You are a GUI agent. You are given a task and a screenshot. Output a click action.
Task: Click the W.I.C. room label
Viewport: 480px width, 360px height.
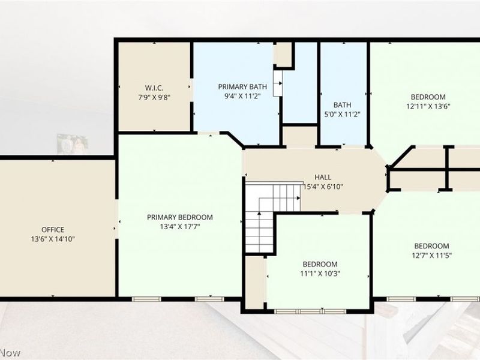(154, 88)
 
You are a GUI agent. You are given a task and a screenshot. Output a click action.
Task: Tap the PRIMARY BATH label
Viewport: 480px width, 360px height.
(242, 87)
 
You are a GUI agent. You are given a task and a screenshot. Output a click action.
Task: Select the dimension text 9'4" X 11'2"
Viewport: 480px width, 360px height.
(242, 97)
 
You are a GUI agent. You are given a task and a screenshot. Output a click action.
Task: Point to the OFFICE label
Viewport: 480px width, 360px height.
(53, 230)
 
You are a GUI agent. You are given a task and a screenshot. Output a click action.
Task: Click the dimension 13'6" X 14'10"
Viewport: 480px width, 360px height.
(53, 239)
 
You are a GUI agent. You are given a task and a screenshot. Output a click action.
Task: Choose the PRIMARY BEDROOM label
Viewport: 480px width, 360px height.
(179, 217)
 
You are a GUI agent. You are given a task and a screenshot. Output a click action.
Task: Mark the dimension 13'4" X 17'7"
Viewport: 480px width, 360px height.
(179, 227)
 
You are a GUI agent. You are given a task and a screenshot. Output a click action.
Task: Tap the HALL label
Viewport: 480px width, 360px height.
(323, 177)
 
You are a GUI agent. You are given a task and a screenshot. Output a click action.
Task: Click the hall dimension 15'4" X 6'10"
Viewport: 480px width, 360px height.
(323, 187)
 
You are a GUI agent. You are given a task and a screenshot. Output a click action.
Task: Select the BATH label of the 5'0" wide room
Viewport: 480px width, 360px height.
(342, 105)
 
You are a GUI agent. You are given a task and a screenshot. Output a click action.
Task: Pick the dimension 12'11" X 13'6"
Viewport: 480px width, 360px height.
(428, 107)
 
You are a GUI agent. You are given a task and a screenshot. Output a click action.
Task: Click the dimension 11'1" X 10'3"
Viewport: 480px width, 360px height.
(320, 274)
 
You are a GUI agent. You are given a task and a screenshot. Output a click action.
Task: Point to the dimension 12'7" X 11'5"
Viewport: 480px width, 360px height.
(431, 256)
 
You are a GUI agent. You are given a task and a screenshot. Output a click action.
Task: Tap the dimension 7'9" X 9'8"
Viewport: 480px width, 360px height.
(154, 98)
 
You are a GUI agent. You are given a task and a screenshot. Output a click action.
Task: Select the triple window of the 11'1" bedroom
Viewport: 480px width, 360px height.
(310, 311)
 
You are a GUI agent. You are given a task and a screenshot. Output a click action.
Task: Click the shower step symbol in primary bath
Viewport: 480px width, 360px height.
(278, 83)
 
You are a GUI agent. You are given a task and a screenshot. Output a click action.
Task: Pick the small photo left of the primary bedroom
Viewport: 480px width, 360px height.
(73, 144)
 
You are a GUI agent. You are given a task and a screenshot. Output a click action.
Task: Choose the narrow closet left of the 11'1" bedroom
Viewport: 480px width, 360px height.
(255, 282)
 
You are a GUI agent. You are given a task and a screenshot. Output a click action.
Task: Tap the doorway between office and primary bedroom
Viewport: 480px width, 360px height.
(116, 219)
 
